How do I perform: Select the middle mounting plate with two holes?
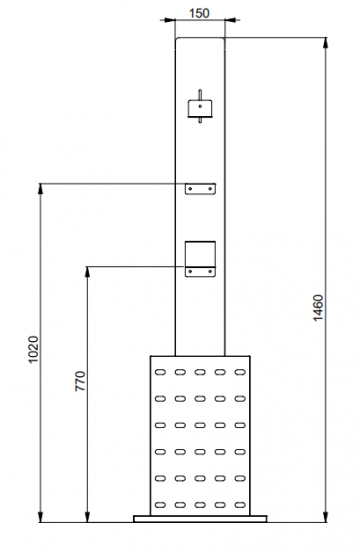[200, 188]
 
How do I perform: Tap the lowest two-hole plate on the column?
[200, 270]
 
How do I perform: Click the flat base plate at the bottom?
[200, 518]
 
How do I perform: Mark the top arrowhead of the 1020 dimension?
[40, 187]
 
